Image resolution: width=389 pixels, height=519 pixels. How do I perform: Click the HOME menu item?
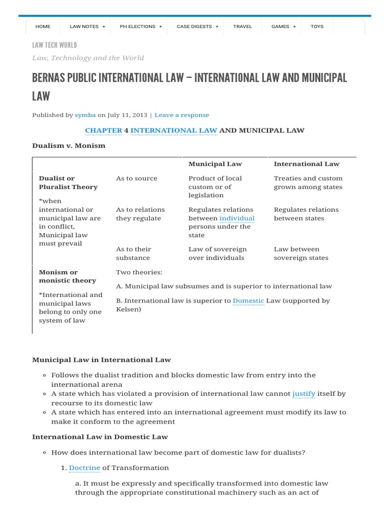tap(43, 26)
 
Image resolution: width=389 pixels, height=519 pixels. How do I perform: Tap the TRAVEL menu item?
tap(242, 26)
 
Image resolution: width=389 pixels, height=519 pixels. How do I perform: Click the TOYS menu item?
tap(317, 26)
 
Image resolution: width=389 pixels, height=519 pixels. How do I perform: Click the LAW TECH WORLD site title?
tap(55, 46)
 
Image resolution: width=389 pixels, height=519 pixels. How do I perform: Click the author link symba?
tap(85, 115)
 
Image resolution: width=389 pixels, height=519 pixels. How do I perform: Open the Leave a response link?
tap(181, 115)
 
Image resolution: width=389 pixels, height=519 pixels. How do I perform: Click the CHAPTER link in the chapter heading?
tap(103, 130)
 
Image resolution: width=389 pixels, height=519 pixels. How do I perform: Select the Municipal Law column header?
tap(215, 164)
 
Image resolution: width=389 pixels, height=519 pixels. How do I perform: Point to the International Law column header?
tap(306, 164)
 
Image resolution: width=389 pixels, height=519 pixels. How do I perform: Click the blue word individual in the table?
tap(237, 218)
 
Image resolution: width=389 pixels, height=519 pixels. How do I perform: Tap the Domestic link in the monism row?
tap(248, 301)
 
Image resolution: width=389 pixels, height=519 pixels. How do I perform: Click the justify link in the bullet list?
tap(304, 393)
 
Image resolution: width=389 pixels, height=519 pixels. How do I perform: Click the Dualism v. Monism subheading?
tap(69, 145)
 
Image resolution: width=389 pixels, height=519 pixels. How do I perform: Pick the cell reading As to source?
tap(137, 178)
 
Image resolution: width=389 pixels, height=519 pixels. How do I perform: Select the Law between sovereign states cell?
tap(301, 253)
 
